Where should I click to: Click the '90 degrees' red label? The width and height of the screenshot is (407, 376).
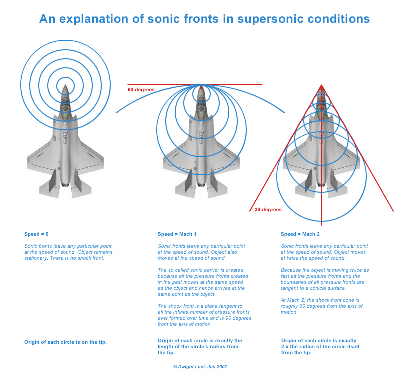click(141, 90)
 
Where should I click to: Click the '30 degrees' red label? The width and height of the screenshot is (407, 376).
click(268, 210)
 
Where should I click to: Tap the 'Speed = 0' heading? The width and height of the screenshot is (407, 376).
click(37, 234)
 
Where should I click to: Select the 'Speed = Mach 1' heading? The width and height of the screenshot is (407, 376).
click(177, 234)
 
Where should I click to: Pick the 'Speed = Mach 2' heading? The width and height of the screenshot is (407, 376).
click(300, 234)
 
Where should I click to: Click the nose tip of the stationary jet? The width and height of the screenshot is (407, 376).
click(65, 85)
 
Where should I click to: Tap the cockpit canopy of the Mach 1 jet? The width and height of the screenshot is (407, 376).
click(201, 105)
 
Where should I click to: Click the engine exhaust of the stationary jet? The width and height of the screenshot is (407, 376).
click(65, 185)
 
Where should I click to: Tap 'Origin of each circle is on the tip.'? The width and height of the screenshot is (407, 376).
click(65, 342)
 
